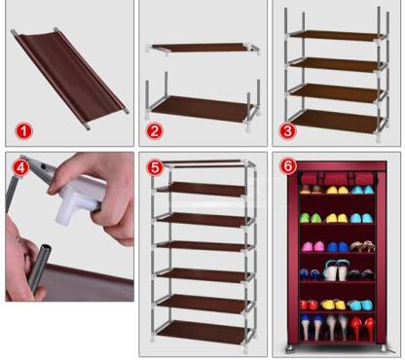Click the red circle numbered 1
23,131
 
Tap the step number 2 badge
154,131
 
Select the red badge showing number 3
287,131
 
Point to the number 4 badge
20,167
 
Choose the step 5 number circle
155,167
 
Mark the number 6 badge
288,166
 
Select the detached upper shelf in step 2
203,48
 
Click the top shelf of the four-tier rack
337,35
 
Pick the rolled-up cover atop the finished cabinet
338,178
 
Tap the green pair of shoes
311,218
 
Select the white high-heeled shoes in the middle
335,270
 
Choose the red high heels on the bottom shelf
362,328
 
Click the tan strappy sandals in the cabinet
362,246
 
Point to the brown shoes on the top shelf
311,190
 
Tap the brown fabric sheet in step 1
70,78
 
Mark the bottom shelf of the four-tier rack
336,121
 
